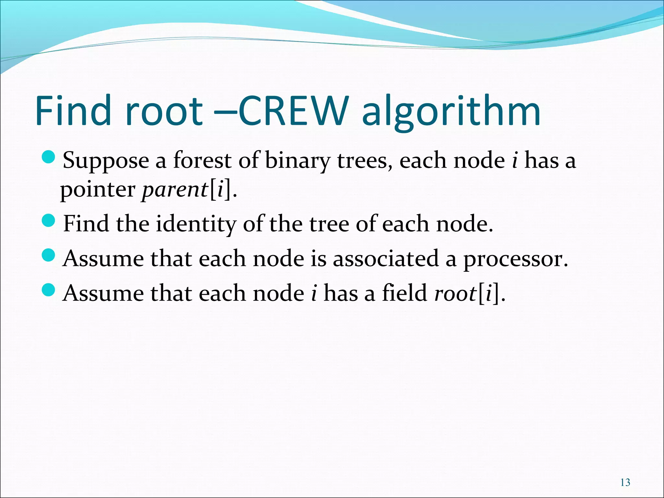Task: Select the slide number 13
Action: pos(625,482)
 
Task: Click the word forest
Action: pos(202,160)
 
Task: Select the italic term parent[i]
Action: pos(187,190)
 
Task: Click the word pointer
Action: pos(98,190)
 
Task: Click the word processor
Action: pos(515,260)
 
